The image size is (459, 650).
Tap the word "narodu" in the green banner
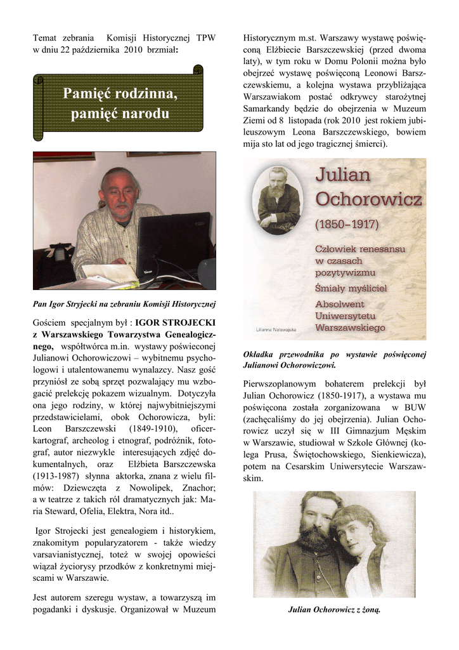146,114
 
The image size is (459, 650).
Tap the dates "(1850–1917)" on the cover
347,224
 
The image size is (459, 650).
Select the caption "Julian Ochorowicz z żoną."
334,610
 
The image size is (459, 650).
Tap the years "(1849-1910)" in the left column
153,428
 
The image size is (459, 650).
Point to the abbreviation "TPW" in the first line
206,38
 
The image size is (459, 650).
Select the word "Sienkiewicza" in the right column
396,454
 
